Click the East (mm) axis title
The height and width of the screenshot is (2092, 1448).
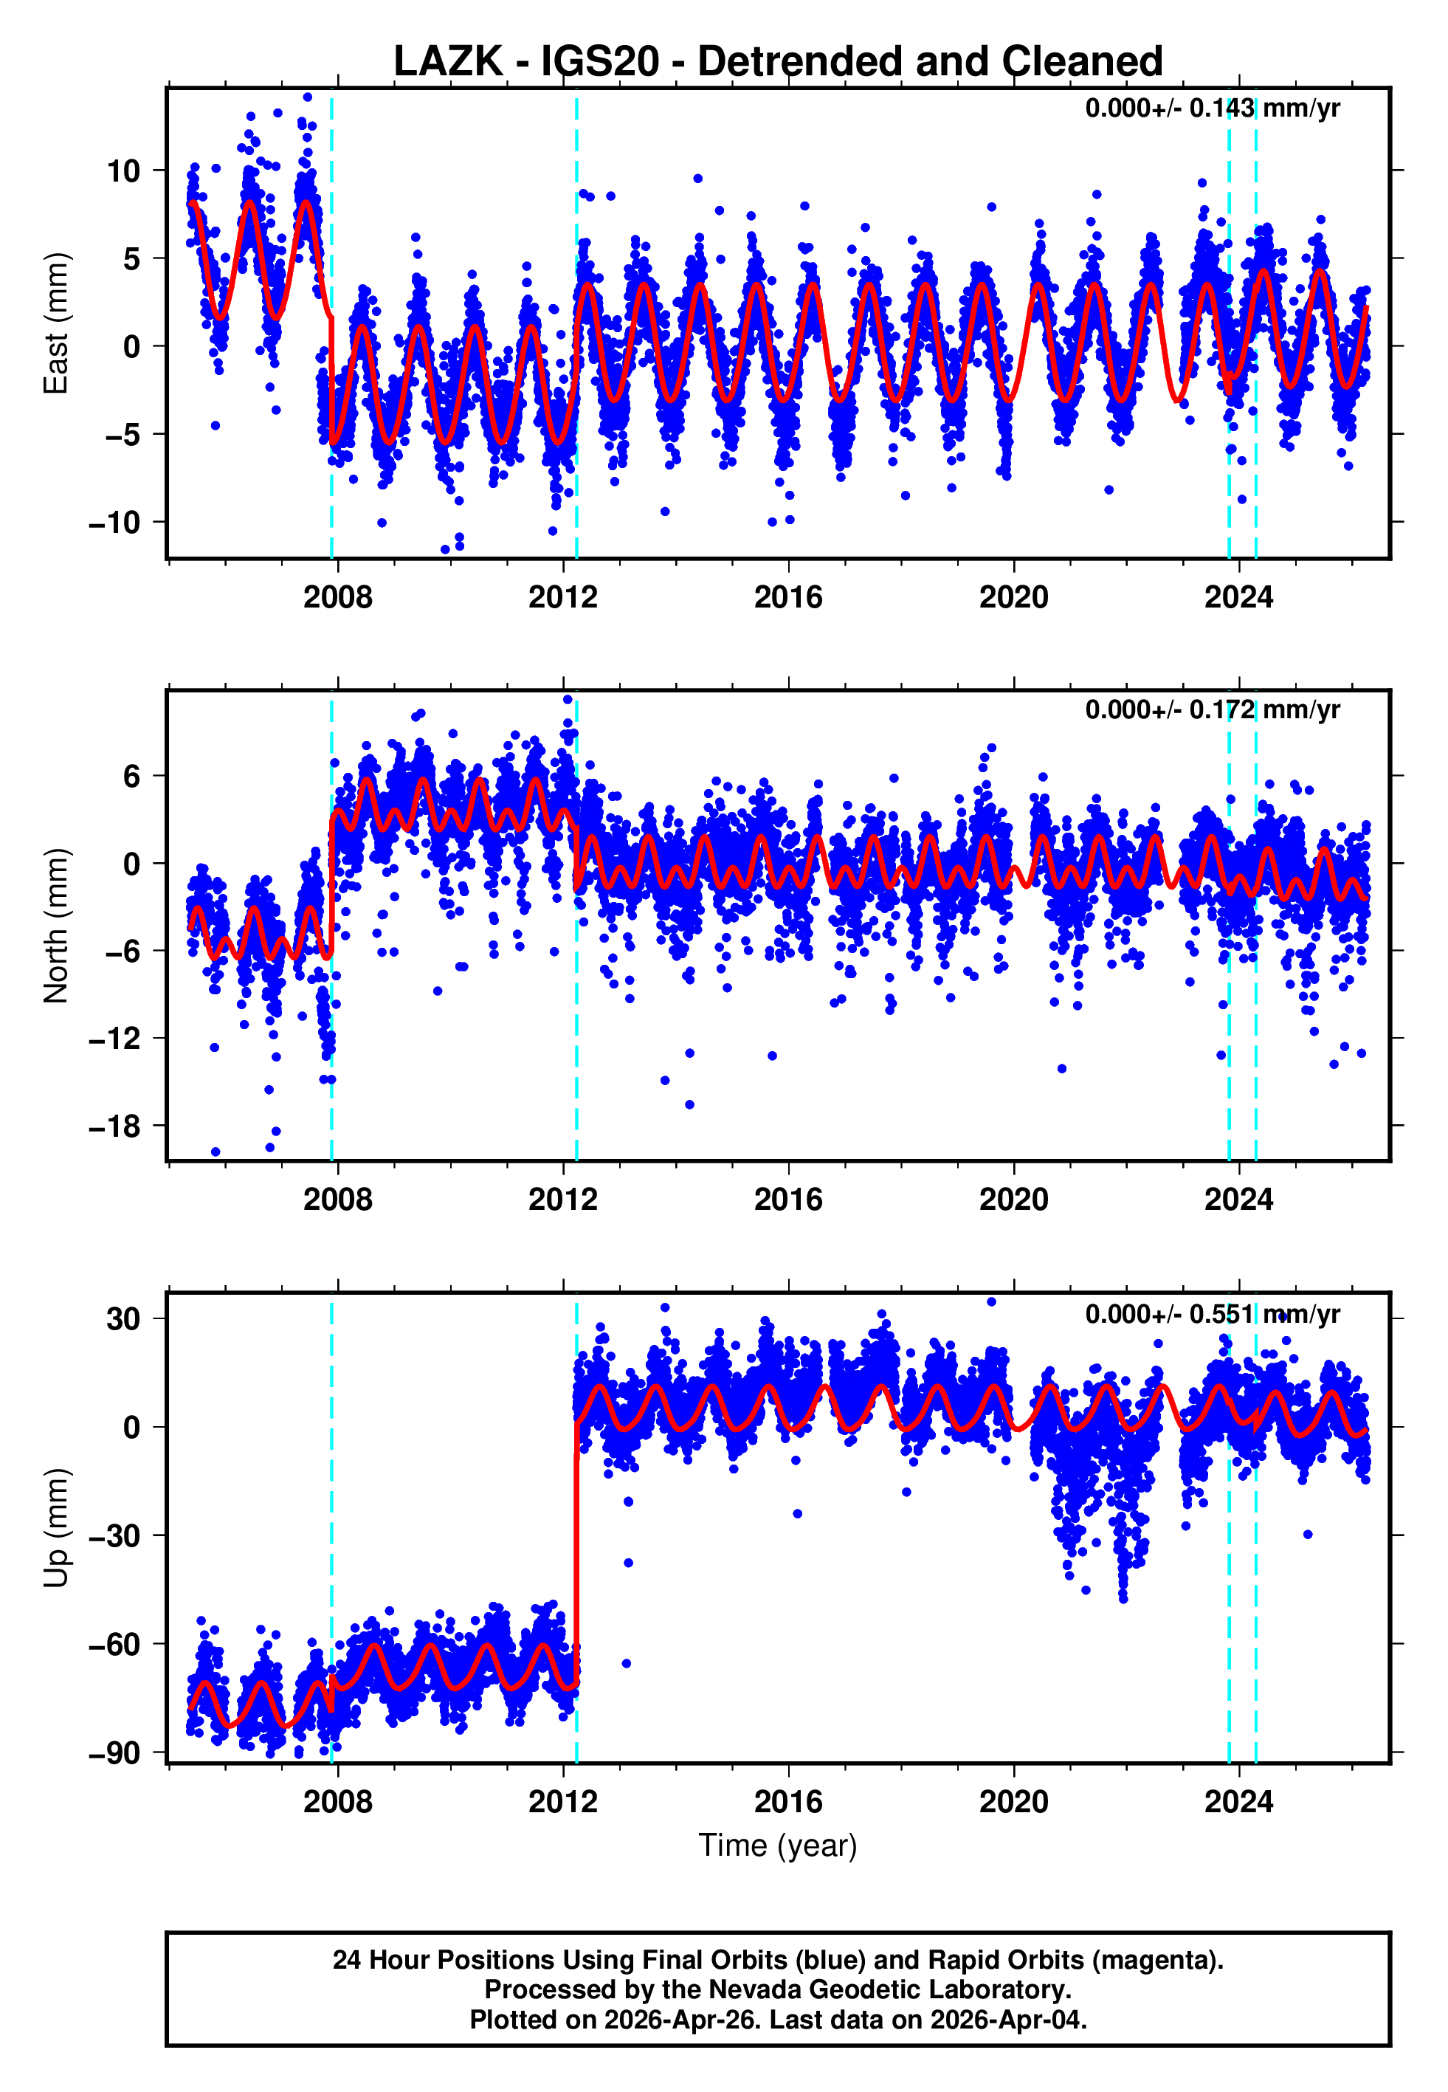(56, 323)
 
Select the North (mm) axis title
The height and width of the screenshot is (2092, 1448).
(56, 926)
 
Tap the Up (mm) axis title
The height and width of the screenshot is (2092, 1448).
(56, 1528)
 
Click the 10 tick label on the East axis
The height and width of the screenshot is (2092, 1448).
(123, 171)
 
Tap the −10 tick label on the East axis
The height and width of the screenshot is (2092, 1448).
(115, 523)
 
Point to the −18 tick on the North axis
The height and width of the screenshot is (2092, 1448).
(115, 1126)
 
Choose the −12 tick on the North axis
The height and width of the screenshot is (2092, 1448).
(115, 1039)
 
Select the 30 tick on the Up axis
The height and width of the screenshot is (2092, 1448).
(123, 1318)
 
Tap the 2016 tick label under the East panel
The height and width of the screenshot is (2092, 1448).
(787, 597)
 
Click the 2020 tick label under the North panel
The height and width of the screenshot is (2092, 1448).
(1013, 1200)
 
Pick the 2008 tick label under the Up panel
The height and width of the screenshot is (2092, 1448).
(337, 1802)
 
